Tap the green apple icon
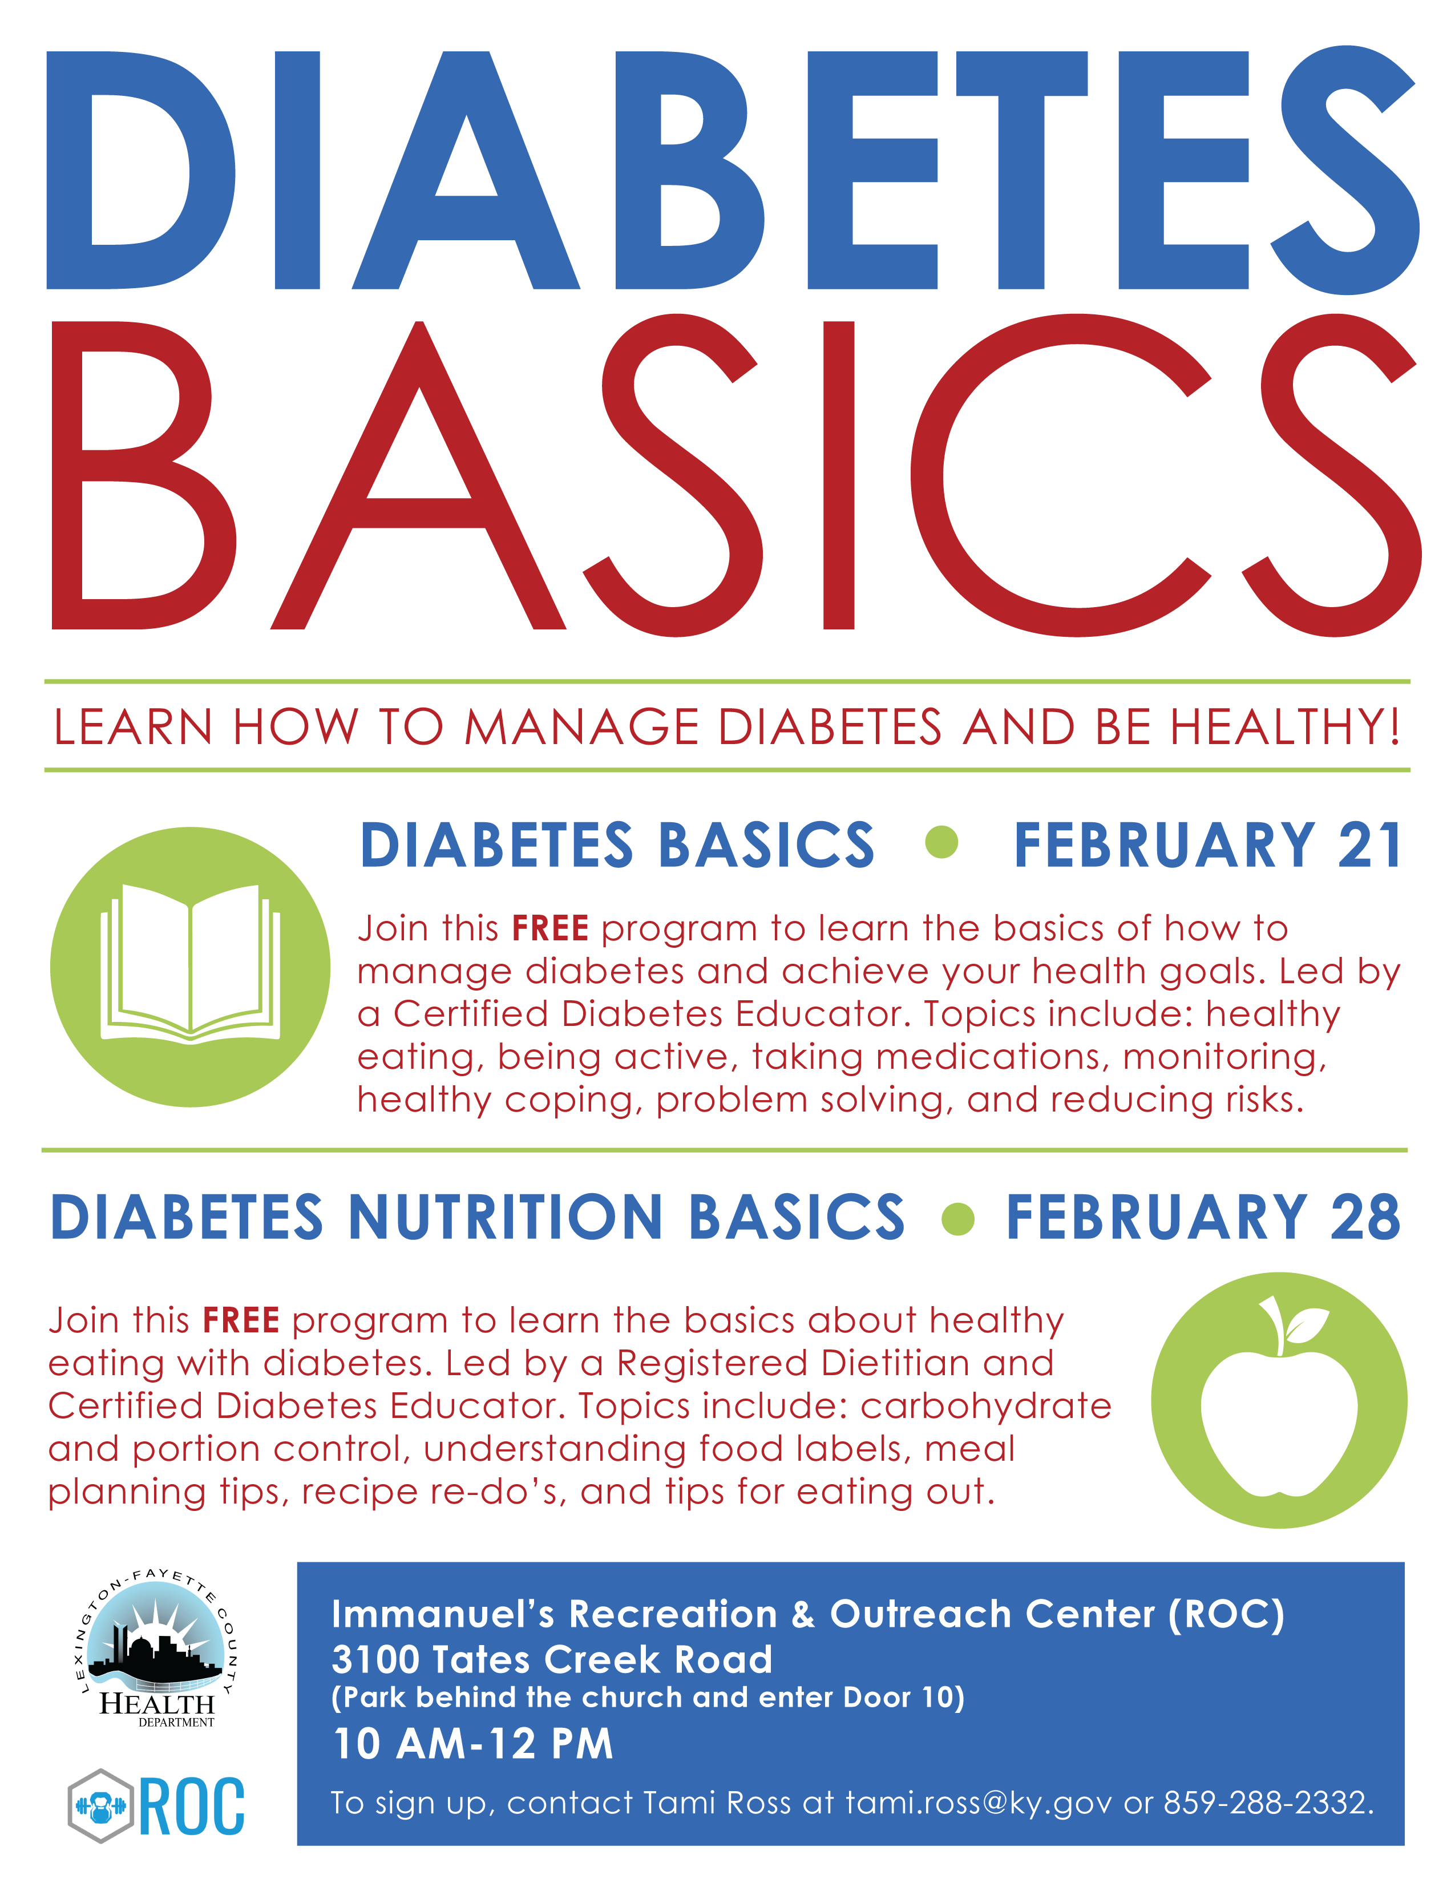pyautogui.click(x=1279, y=1400)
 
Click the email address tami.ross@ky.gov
pyautogui.click(x=979, y=1803)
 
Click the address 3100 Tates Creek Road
pyautogui.click(x=552, y=1660)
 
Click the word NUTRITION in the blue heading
pyautogui.click(x=505, y=1218)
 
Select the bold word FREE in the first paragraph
pyautogui.click(x=550, y=928)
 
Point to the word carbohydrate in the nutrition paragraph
pyautogui.click(x=986, y=1405)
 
